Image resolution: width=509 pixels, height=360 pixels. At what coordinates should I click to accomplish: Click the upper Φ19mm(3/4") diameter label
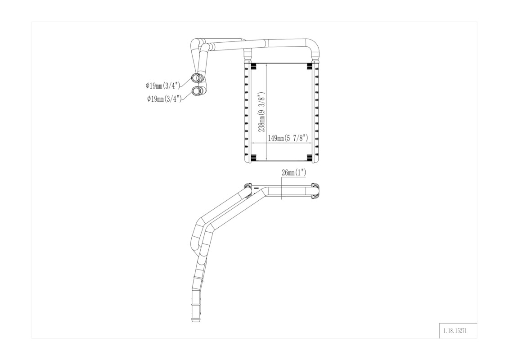pyautogui.click(x=162, y=85)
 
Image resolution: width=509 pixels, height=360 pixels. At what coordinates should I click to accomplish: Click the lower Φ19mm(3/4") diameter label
pyautogui.click(x=164, y=99)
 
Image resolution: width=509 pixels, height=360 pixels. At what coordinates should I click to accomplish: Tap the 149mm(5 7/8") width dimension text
pyautogui.click(x=287, y=138)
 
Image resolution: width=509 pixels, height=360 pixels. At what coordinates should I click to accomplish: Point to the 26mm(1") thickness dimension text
pyautogui.click(x=294, y=172)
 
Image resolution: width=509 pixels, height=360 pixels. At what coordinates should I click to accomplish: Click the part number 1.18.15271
pyautogui.click(x=455, y=332)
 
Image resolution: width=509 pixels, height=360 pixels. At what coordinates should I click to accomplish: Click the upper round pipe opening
pyautogui.click(x=196, y=78)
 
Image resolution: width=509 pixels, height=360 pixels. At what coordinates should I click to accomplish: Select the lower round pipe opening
pyautogui.click(x=196, y=90)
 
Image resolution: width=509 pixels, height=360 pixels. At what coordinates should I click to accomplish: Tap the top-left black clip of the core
pyautogui.click(x=254, y=66)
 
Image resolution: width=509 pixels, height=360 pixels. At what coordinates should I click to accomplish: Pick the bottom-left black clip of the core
pyautogui.click(x=254, y=158)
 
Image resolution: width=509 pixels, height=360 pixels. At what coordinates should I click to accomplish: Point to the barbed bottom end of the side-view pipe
pyautogui.click(x=196, y=316)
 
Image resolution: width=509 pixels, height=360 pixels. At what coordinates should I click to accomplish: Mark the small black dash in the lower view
pyautogui.click(x=256, y=188)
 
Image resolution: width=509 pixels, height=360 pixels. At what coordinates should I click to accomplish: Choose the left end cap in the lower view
pyautogui.click(x=248, y=189)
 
